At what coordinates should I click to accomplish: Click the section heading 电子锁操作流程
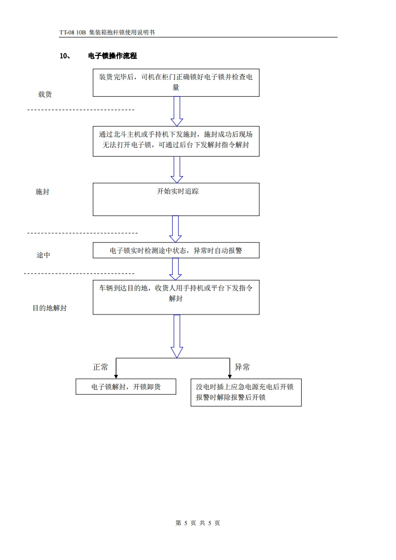pyautogui.click(x=112, y=56)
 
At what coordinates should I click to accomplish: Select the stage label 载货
pyautogui.click(x=45, y=94)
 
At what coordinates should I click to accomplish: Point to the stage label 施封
pyautogui.click(x=42, y=192)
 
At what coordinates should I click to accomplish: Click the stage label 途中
pyautogui.click(x=43, y=255)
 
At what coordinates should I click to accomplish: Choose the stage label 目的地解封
pyautogui.click(x=49, y=308)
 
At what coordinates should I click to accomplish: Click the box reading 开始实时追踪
pyautogui.click(x=176, y=199)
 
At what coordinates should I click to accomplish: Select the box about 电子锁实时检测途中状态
pyautogui.click(x=176, y=251)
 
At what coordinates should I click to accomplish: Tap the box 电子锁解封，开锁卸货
pyautogui.click(x=126, y=387)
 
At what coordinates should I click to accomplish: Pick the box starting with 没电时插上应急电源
pyautogui.click(x=246, y=392)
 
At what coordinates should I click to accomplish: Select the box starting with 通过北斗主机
pyautogui.click(x=176, y=140)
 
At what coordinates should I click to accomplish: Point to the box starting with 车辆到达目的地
pyautogui.click(x=176, y=297)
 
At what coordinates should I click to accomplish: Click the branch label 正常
pyautogui.click(x=100, y=367)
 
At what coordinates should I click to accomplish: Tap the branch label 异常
pyautogui.click(x=242, y=367)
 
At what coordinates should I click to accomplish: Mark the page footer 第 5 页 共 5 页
pyautogui.click(x=198, y=523)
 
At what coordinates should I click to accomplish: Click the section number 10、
pyautogui.click(x=64, y=56)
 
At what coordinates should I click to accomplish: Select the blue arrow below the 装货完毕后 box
pyautogui.click(x=176, y=111)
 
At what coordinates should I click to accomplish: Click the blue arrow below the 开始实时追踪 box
pyautogui.click(x=175, y=229)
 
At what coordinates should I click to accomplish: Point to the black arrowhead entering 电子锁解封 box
pyautogui.click(x=116, y=376)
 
